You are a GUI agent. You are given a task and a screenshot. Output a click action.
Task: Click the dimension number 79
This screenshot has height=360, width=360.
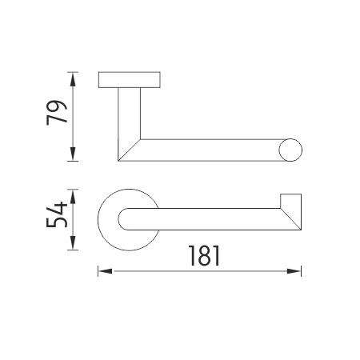pos(57,113)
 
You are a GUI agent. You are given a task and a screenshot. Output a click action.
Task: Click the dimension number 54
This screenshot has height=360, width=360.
pos(57,214)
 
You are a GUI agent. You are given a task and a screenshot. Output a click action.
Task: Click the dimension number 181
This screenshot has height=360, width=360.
pos(204,256)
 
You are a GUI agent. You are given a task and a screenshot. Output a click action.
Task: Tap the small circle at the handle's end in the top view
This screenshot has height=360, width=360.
pos(290,150)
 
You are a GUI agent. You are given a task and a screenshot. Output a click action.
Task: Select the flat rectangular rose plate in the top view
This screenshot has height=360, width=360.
pos(130,80)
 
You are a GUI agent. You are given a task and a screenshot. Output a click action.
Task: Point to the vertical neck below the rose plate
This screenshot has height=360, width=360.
pos(129,114)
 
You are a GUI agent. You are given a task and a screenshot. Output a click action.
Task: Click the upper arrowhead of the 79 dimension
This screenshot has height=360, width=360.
pos(73,79)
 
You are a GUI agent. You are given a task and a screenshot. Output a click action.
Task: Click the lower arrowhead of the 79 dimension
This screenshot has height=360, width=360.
pos(73,154)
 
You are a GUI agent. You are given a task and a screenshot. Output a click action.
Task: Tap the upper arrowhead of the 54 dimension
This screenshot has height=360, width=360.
pos(73,196)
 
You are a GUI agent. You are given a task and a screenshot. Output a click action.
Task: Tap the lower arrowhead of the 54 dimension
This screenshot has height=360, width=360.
pos(73,243)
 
